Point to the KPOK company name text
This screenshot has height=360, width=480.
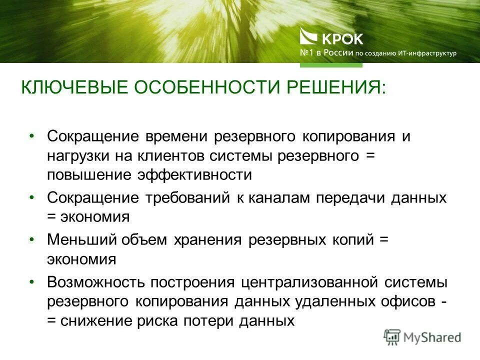pos(343,38)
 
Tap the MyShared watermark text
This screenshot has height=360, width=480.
pos(432,337)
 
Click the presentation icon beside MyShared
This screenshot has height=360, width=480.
pos(392,337)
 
